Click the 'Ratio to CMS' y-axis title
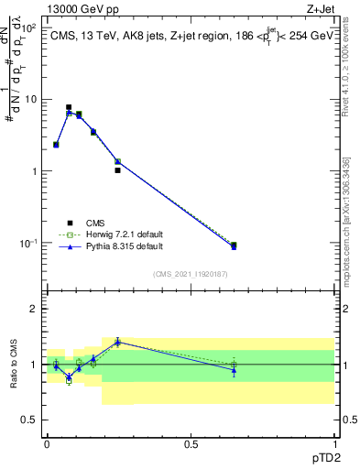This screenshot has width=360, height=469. point(13,365)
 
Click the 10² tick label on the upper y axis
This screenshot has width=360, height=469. point(28,27)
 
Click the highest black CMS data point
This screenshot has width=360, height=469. point(69,107)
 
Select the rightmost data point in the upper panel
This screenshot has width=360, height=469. point(234,245)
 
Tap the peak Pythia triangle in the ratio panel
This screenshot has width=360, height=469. point(117,342)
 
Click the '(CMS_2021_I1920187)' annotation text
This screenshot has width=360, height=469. point(190,273)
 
